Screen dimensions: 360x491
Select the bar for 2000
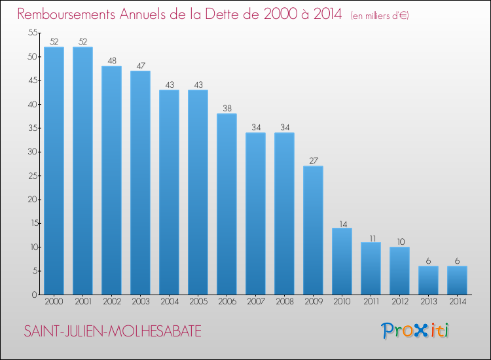pyautogui.click(x=54, y=171)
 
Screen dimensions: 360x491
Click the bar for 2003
pyautogui.click(x=140, y=183)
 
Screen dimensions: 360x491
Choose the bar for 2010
pyautogui.click(x=342, y=261)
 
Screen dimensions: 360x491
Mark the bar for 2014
pyautogui.click(x=457, y=280)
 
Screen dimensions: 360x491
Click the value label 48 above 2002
pyautogui.click(x=111, y=60)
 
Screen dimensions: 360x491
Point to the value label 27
pyautogui.click(x=313, y=160)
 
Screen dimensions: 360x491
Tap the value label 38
pyautogui.click(x=227, y=107)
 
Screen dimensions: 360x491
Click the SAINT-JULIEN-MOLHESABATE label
pyautogui.click(x=113, y=332)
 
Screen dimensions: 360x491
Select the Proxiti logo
pyautogui.click(x=415, y=331)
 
